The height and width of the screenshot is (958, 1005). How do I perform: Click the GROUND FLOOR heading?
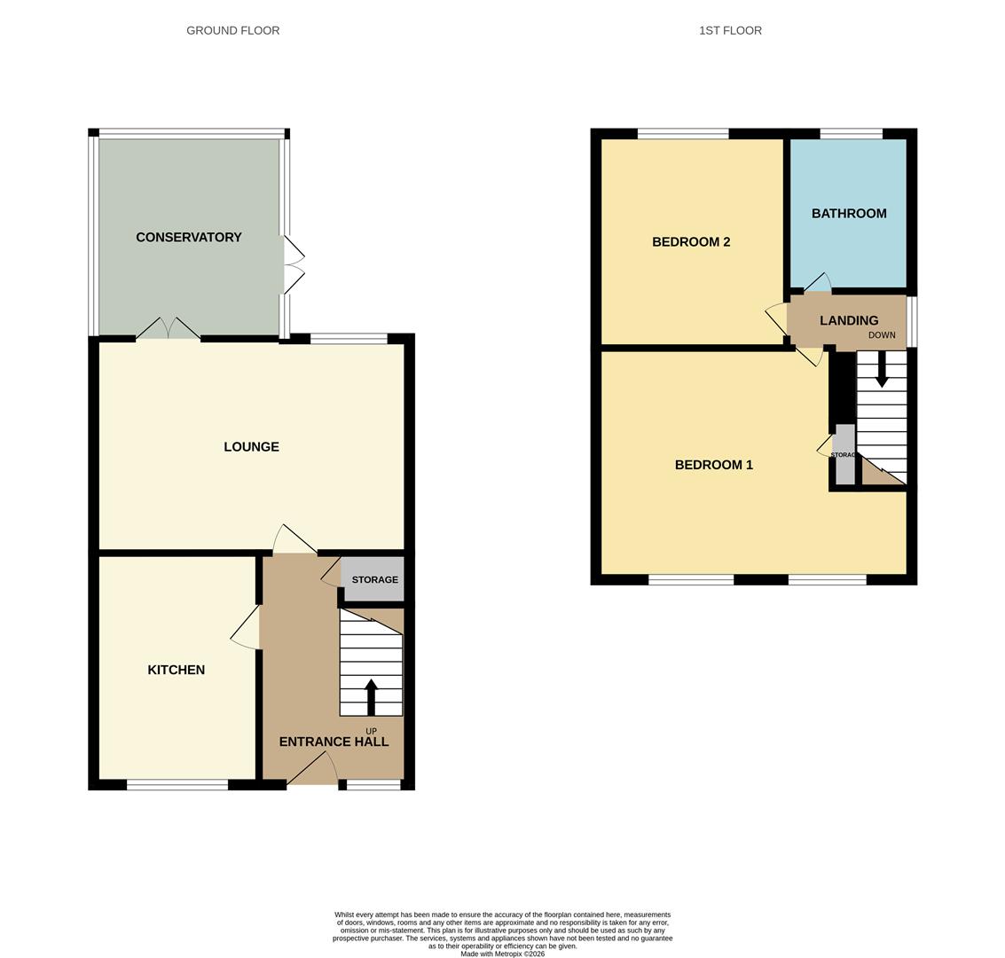point(232,30)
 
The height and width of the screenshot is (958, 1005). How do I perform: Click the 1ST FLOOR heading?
point(730,30)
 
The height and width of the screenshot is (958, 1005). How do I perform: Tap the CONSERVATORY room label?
point(189,237)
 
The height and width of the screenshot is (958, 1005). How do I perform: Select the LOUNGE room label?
point(251,447)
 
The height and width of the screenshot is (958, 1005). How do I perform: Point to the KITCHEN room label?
point(176,670)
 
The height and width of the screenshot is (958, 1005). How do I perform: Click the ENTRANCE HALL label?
point(334,742)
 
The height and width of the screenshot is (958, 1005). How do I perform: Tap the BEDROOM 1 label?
point(713,465)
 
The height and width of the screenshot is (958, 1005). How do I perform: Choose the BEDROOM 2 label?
point(691,241)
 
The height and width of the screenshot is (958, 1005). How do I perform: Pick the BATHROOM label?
point(849,213)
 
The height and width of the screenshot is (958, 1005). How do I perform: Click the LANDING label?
point(849,320)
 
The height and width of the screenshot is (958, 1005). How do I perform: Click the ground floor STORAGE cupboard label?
point(374,579)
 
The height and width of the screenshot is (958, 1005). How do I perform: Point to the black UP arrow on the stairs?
point(371,697)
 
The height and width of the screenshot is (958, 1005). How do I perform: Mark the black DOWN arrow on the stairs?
point(882,369)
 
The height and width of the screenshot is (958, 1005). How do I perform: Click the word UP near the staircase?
point(371,731)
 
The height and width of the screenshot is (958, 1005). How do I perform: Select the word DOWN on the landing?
point(882,335)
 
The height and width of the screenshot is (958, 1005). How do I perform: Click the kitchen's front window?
point(177,784)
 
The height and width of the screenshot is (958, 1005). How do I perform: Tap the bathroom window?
point(851,134)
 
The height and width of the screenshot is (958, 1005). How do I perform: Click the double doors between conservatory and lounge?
point(169,330)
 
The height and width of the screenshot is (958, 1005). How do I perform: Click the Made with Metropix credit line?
point(502,954)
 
